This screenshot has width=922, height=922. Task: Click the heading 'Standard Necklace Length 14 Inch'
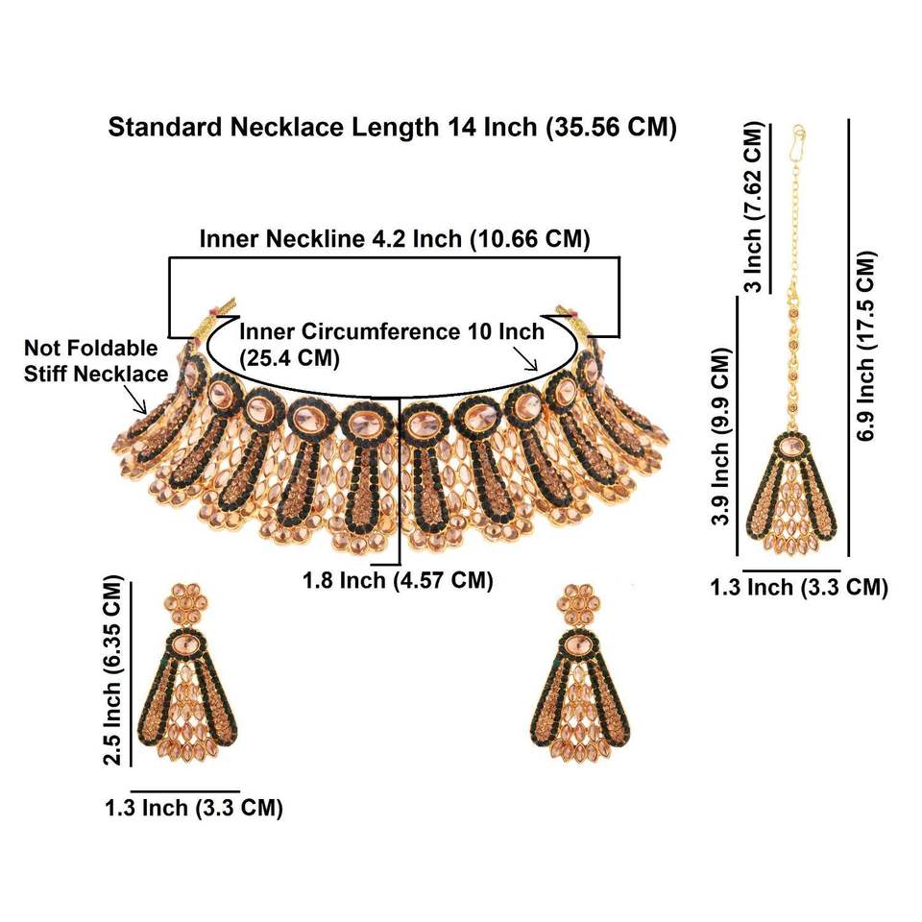pyautogui.click(x=392, y=128)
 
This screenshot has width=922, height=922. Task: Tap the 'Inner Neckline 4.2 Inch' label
pyautogui.click(x=394, y=239)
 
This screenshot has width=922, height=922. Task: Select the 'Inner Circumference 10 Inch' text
pyautogui.click(x=391, y=331)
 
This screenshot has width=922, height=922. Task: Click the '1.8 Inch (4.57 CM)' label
pyautogui.click(x=398, y=580)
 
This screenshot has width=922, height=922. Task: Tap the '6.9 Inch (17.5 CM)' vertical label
pyautogui.click(x=867, y=346)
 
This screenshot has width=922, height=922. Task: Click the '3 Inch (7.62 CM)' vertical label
pyautogui.click(x=754, y=207)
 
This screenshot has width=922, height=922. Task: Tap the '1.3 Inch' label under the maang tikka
pyautogui.click(x=798, y=587)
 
